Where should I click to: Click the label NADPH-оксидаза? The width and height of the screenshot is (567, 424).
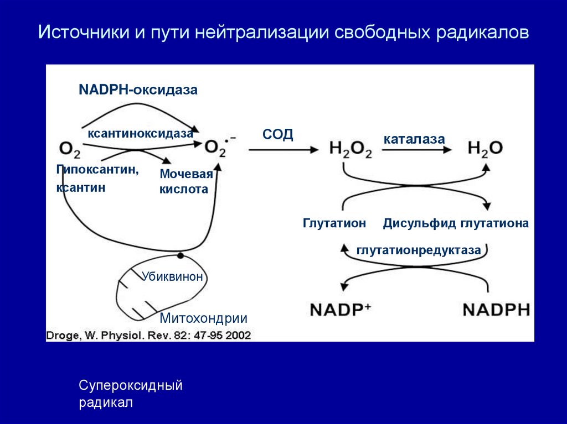(x=137, y=90)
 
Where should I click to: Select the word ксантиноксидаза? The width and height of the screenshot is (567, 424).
(x=140, y=134)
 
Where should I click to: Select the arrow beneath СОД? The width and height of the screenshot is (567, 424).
(x=283, y=149)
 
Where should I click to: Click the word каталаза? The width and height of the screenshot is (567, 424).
(x=414, y=139)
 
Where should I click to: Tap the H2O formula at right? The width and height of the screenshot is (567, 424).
(x=485, y=148)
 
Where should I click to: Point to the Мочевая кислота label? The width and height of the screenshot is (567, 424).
(x=186, y=182)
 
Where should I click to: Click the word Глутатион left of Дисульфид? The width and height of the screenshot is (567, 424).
(x=334, y=223)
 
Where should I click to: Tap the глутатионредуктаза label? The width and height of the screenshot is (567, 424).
(x=419, y=250)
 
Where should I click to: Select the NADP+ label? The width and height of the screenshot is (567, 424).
(x=339, y=308)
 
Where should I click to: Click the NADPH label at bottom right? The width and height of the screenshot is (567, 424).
(x=496, y=308)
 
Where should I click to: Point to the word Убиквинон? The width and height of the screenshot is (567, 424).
(x=172, y=276)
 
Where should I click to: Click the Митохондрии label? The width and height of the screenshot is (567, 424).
(x=203, y=318)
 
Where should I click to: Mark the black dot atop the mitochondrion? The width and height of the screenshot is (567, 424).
(x=180, y=256)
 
